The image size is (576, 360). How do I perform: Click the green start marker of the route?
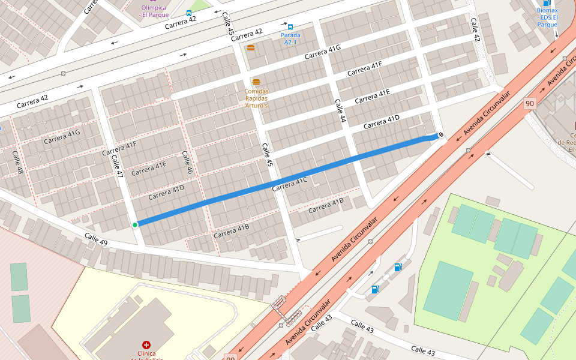click(x=135, y=225)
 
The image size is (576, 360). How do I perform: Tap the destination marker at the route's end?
click(x=441, y=136)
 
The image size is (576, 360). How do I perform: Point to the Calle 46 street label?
click(x=187, y=161)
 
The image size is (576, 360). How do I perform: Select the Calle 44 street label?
click(x=340, y=111)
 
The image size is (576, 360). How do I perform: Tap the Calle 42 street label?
click(x=475, y=29)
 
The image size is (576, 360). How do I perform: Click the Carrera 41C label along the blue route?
click(x=289, y=184)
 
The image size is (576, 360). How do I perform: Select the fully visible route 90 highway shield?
click(x=529, y=103)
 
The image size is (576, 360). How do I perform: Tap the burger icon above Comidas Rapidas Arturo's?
click(x=256, y=82)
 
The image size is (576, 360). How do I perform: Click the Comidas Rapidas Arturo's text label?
click(x=256, y=98)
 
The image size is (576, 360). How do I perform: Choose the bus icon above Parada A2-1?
click(x=290, y=27)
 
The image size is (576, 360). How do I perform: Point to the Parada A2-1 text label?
click(x=290, y=38)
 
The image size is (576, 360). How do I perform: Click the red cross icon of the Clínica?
click(x=146, y=345)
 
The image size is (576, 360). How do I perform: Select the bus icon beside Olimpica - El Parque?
click(x=189, y=13)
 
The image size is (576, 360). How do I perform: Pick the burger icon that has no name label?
click(x=250, y=47)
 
